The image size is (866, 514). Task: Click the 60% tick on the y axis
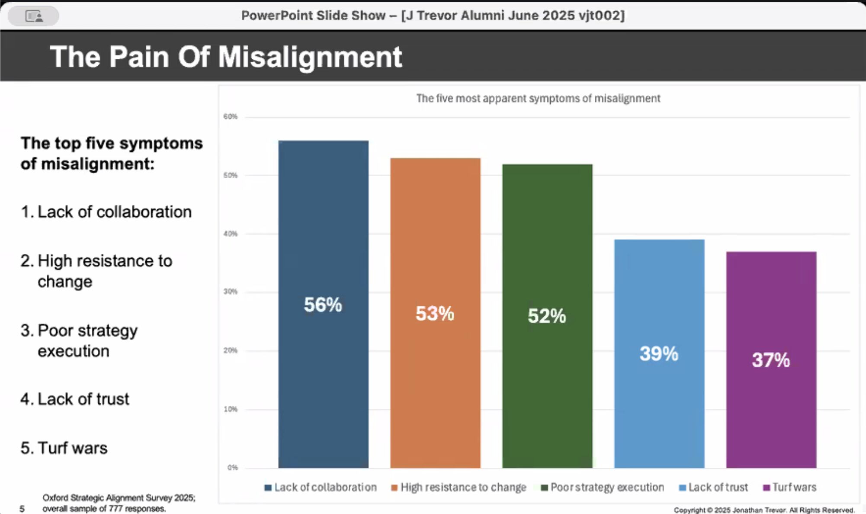231,116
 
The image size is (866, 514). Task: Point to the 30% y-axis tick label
231,292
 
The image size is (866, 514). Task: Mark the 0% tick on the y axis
232,467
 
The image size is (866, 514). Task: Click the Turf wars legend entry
789,487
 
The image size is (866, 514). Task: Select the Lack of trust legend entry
713,487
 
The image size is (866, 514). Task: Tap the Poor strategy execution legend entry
602,487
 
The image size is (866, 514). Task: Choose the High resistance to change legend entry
459,487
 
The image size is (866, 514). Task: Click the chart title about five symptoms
538,99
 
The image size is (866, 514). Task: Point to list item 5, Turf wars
64,448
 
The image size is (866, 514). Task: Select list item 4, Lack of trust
75,399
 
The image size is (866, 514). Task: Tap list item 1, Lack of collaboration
106,212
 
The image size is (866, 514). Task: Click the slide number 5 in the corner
22,509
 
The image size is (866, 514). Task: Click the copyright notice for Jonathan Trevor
764,510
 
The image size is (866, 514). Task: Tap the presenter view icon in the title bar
34,16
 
